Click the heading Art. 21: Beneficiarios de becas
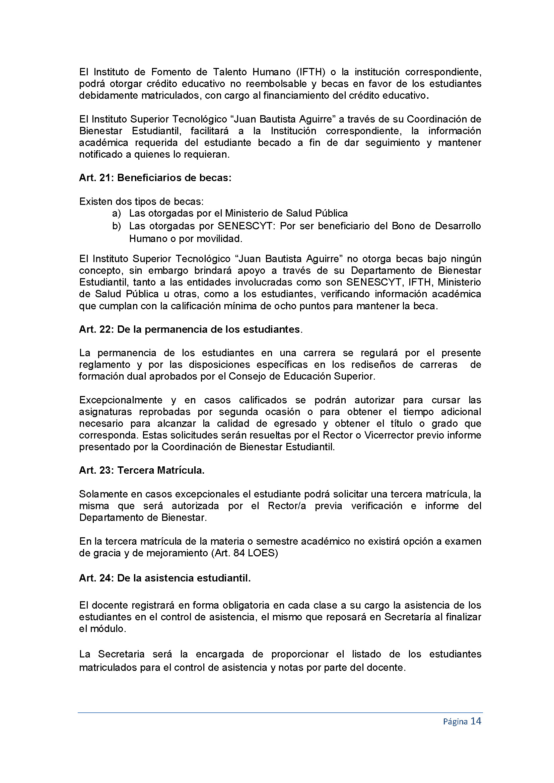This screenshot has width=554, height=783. [155, 178]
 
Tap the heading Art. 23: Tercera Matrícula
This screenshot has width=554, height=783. [142, 470]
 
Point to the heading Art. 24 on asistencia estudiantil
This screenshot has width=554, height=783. [165, 578]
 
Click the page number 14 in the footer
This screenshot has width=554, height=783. [476, 721]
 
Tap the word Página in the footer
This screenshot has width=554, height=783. [455, 722]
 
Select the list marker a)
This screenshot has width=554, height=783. [117, 214]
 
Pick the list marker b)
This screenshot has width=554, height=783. [117, 226]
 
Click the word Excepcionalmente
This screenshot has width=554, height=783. [121, 400]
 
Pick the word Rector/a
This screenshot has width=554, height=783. [287, 506]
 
